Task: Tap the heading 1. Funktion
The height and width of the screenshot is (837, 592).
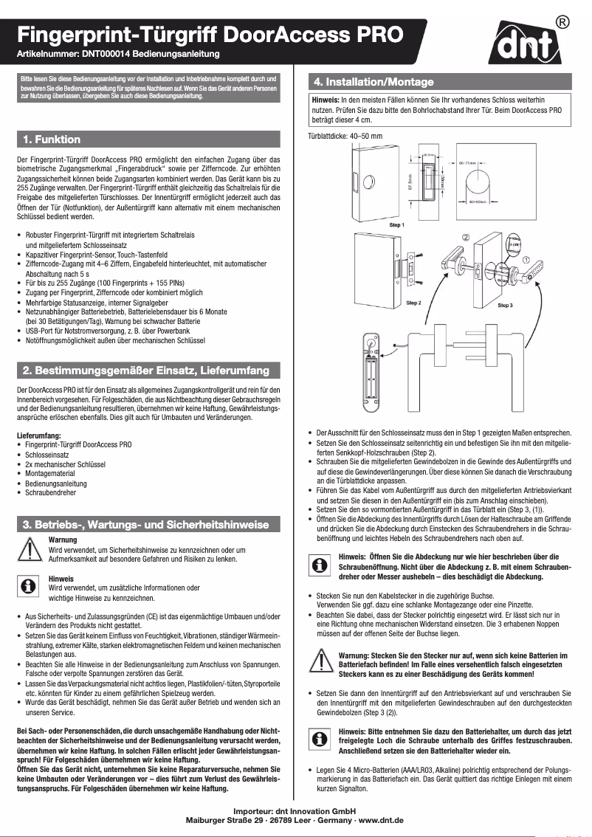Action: coord(51,139)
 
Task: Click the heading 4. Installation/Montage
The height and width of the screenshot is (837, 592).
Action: coord(374,81)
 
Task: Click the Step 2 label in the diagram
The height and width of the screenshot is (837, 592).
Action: coord(413,303)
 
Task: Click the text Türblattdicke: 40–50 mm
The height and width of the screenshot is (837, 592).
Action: coord(345,136)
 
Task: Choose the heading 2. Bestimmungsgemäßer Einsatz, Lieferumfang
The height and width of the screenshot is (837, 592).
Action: coord(146,370)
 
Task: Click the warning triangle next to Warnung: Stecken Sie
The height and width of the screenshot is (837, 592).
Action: coord(319,659)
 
